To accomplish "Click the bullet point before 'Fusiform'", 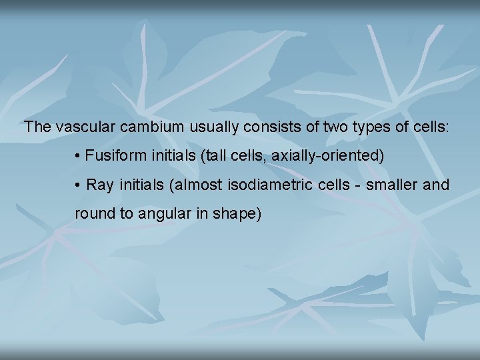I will (78, 156).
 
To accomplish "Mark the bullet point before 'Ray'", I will (78, 185).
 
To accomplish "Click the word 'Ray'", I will (101, 185).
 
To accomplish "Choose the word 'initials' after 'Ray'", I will (141, 185).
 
